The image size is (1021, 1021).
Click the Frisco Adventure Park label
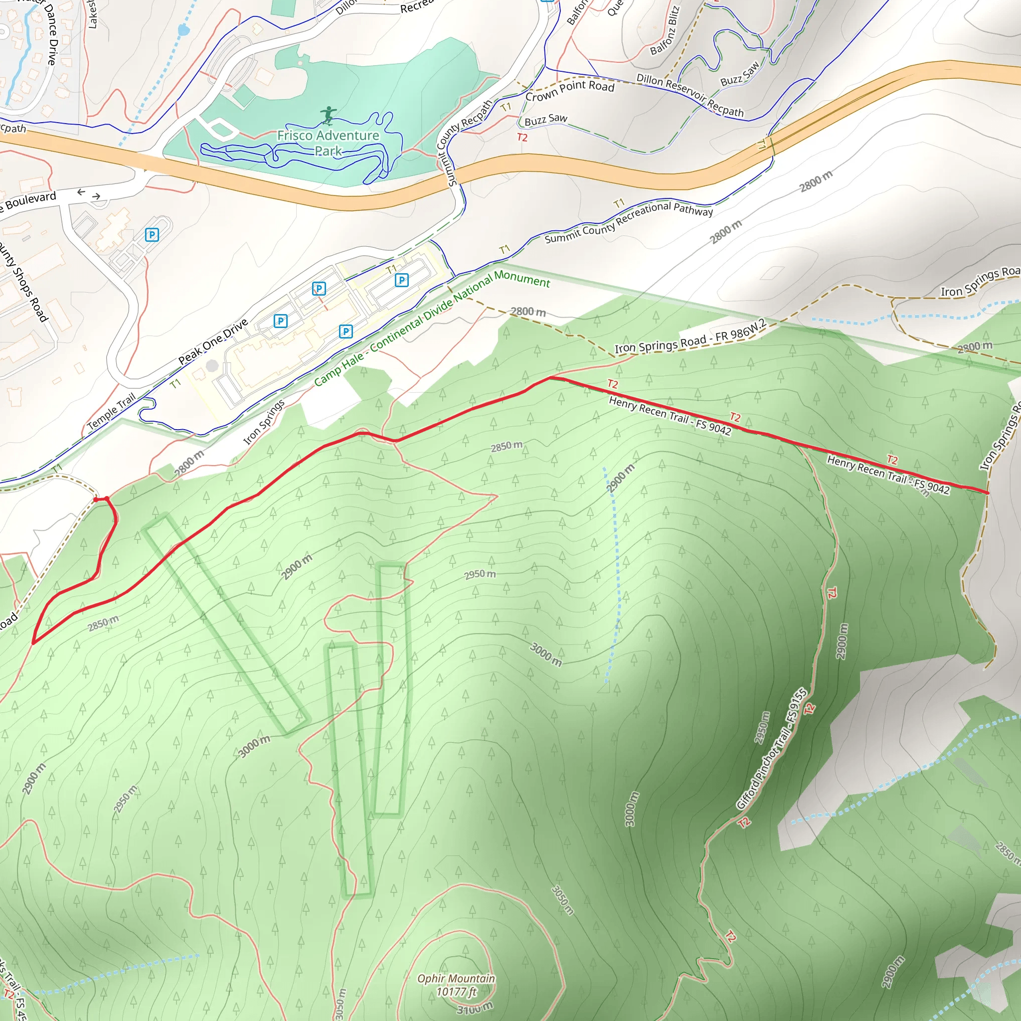click(x=328, y=143)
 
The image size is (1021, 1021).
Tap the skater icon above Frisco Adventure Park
click(x=329, y=115)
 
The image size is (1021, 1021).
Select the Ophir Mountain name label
click(x=456, y=979)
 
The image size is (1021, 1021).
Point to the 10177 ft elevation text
click(x=456, y=992)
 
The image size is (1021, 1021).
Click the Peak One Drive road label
click(x=213, y=342)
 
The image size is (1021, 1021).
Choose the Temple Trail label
click(x=111, y=411)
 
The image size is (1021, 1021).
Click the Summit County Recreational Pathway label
click(x=628, y=222)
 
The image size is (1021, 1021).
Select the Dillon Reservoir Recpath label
click(x=689, y=95)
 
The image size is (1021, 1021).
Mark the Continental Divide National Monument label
click(x=432, y=327)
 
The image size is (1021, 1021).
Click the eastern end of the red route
click(x=987, y=493)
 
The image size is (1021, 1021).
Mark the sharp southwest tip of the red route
click(x=33, y=643)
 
